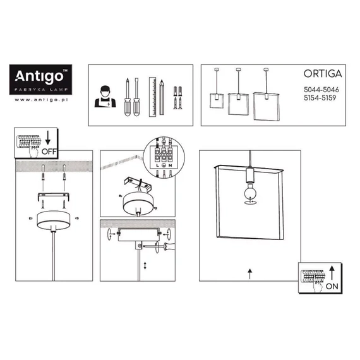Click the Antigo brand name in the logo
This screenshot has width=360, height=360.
[x=39, y=76]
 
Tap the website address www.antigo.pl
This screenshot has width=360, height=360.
[x=41, y=100]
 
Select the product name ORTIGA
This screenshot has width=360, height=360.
[x=323, y=74]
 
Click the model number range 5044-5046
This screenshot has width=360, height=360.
[x=321, y=90]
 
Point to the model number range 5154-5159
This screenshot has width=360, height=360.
[x=320, y=98]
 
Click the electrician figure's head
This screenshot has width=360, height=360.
[x=105, y=92]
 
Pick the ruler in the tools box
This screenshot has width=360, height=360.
[x=152, y=97]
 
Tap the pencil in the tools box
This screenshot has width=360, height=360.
[x=162, y=97]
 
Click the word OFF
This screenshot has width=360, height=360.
[x=49, y=152]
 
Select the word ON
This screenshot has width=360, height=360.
[x=332, y=286]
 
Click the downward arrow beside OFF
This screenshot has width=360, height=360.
[x=48, y=138]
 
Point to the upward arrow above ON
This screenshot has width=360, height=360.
[x=332, y=272]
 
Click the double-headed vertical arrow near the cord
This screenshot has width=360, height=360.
[x=145, y=266]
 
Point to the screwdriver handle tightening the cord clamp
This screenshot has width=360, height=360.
[x=169, y=246]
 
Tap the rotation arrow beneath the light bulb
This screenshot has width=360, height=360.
[x=250, y=202]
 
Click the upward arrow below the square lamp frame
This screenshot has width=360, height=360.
[x=250, y=273]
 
